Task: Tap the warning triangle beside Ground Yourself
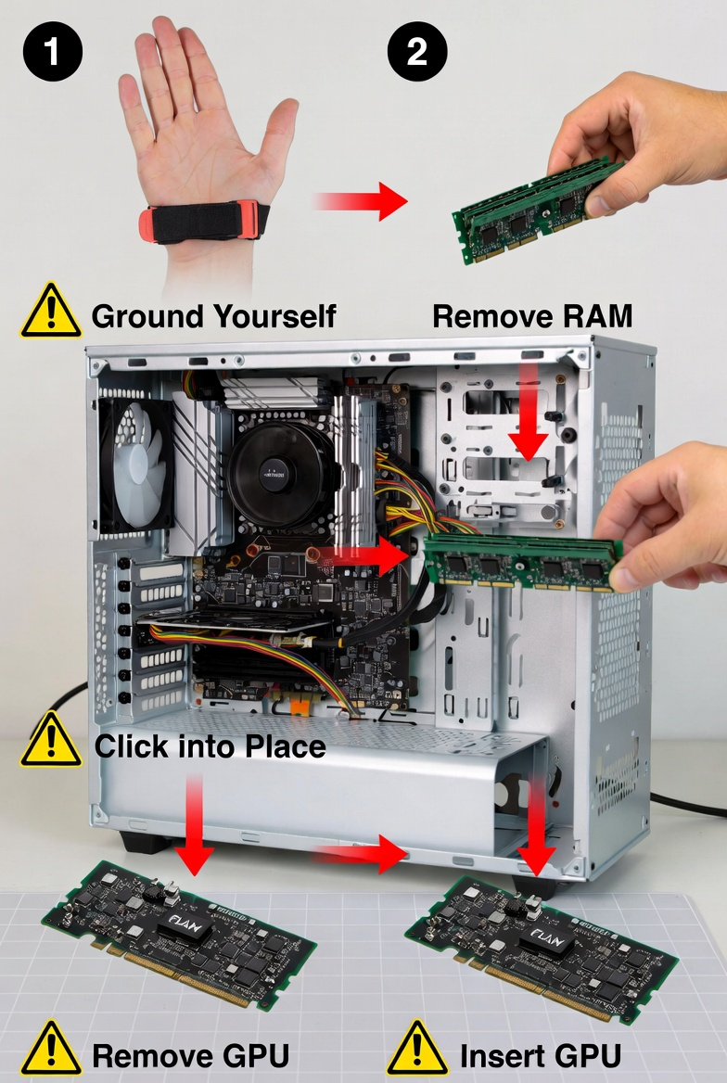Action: (51, 312)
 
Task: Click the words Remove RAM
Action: (532, 316)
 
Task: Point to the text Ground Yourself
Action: (213, 316)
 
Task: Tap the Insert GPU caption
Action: (540, 1054)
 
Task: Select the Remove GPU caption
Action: (190, 1054)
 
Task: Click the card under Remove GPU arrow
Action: (176, 936)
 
